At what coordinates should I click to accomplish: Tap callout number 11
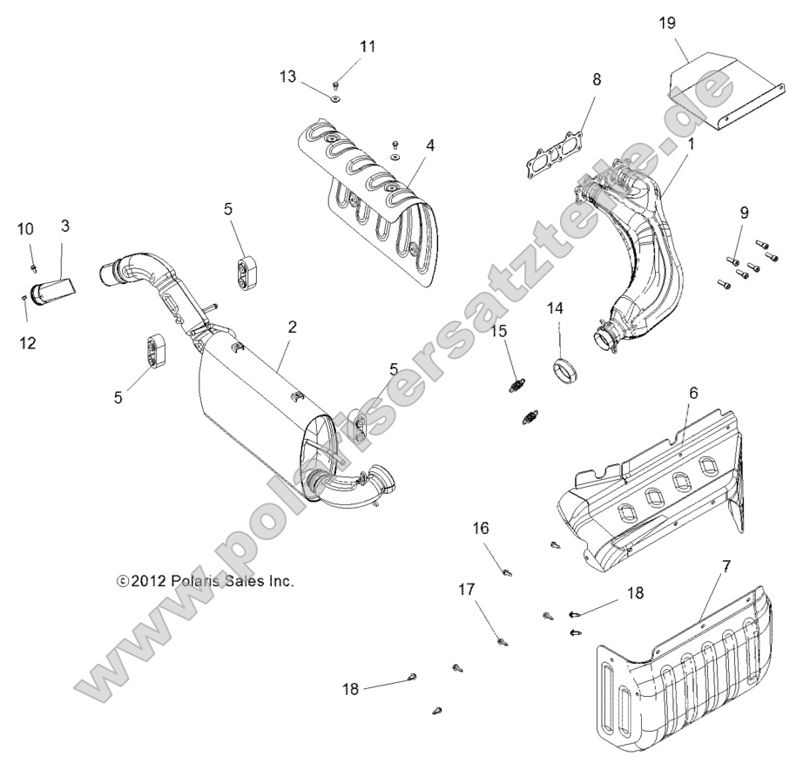click(368, 46)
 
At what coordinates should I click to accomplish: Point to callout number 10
click(25, 229)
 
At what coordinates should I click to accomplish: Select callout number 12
click(27, 342)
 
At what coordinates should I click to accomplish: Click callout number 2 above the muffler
click(293, 327)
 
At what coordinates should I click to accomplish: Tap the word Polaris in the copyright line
click(186, 581)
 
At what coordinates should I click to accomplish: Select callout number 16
click(481, 528)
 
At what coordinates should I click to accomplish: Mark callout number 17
click(467, 590)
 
